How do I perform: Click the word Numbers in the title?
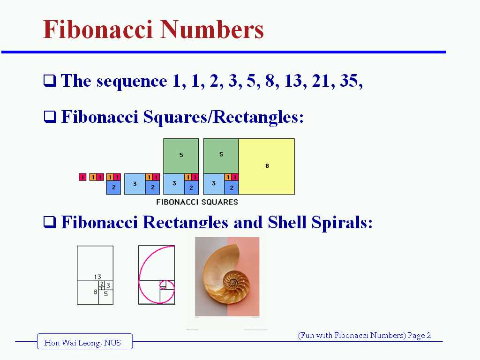[212, 30]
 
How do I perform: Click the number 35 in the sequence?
[350, 81]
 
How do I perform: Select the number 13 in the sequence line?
[293, 81]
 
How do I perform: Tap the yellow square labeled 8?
[267, 166]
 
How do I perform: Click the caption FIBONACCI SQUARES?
[197, 202]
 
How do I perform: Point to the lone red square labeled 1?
[82, 177]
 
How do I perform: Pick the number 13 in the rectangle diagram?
[97, 277]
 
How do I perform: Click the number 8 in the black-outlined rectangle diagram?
[95, 292]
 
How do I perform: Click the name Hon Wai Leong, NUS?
[82, 343]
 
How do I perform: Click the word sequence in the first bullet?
[132, 81]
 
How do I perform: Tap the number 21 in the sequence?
[322, 81]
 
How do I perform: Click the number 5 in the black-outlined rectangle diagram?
[106, 294]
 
